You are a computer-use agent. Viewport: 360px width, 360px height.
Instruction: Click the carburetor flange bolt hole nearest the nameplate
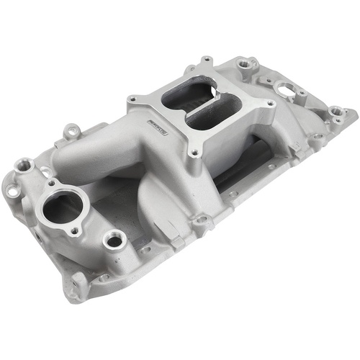(x=134, y=100)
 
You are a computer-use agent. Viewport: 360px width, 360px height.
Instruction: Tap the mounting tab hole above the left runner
(x=73, y=132)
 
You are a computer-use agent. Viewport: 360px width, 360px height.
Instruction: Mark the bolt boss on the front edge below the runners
(x=204, y=222)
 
